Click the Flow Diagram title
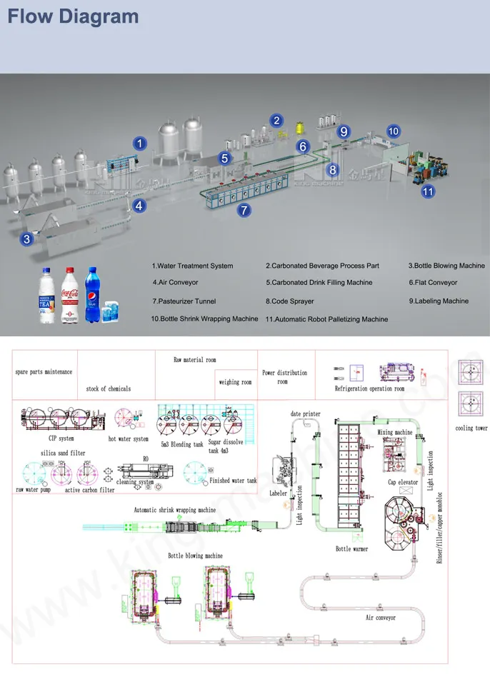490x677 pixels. (x=73, y=16)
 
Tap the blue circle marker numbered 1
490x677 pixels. (x=141, y=144)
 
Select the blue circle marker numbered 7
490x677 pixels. (x=244, y=210)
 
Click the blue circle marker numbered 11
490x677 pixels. (x=427, y=191)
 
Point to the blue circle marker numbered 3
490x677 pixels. (x=26, y=239)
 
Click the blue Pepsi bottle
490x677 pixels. (x=92, y=294)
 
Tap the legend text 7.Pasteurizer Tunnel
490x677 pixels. (x=184, y=301)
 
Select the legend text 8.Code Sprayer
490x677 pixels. (x=289, y=301)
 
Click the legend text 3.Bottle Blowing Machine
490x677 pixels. (x=446, y=266)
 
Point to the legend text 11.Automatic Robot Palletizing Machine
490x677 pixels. (x=327, y=319)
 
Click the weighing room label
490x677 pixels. (x=235, y=382)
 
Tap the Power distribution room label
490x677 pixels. (x=284, y=377)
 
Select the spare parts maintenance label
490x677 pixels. (x=44, y=372)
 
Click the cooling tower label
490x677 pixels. (x=471, y=428)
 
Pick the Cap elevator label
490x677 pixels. (x=402, y=482)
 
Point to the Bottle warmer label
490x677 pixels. (x=351, y=549)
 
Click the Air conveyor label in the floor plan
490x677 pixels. (x=381, y=618)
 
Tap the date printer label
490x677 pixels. (x=305, y=414)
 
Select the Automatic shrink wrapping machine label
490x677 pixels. (x=175, y=510)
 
